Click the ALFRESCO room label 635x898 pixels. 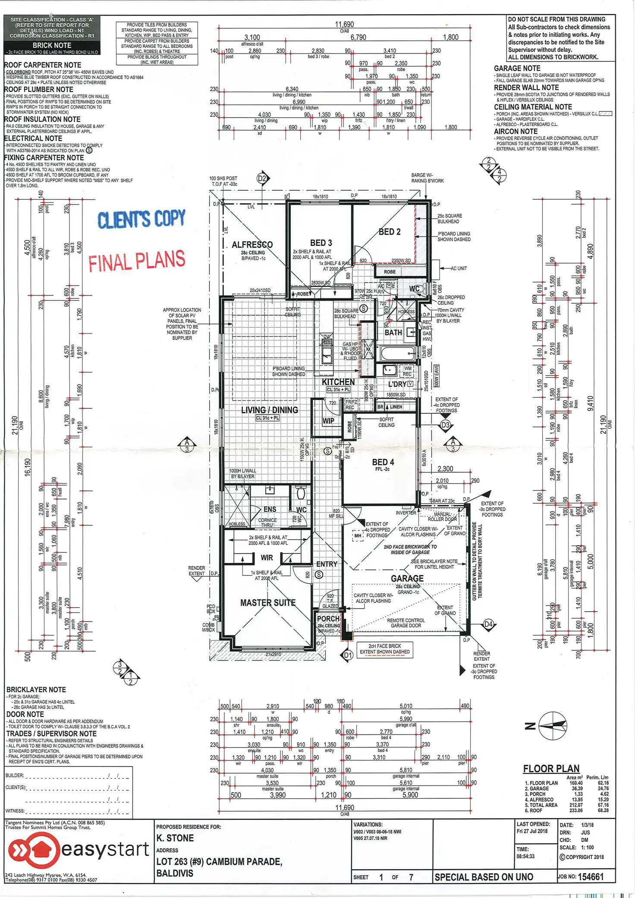pos(252,245)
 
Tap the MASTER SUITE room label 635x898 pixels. pos(267,603)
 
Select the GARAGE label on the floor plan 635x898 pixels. pos(407,578)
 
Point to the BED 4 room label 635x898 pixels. pos(383,462)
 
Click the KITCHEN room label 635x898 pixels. pos(338,382)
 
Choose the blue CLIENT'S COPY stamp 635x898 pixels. pos(141,219)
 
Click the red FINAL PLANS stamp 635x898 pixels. pos(137,261)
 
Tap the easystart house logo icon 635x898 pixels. pos(33,850)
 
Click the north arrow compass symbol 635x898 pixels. pos(551,726)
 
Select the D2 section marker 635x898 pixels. pos(262,179)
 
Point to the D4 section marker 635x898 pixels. pos(488,624)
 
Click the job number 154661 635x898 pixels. pos(591,876)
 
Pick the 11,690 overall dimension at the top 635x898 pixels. pos(344,25)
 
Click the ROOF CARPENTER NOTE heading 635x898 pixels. pos(42,65)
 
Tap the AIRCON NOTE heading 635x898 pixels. pos(516,132)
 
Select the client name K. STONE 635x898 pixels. pos(175,838)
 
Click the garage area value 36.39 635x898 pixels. pos(577,788)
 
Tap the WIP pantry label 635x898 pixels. pos(328,421)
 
